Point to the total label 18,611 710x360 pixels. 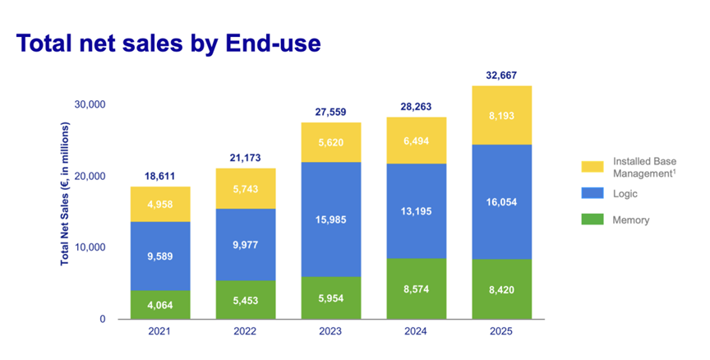click(159, 177)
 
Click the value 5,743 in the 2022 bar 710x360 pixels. click(245, 188)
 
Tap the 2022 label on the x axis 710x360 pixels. click(245, 333)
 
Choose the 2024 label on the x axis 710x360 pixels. click(416, 333)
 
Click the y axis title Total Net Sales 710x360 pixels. click(65, 194)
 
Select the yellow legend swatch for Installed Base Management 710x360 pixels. click(592, 166)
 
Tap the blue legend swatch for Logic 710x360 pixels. click(592, 194)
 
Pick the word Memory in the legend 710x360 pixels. click(630, 220)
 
